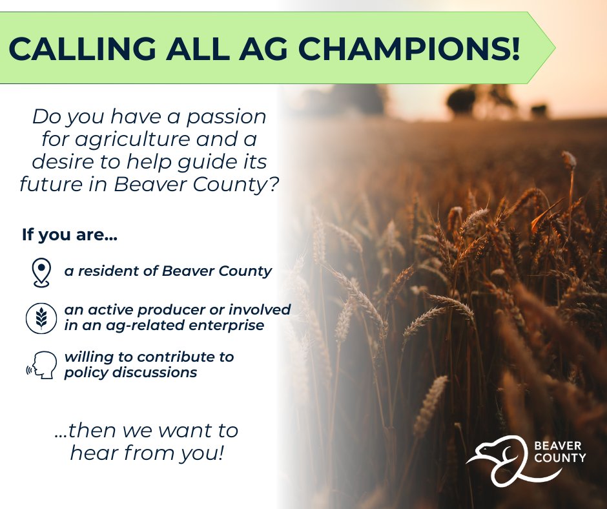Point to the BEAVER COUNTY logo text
[x=560, y=452]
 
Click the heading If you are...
[x=69, y=234]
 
